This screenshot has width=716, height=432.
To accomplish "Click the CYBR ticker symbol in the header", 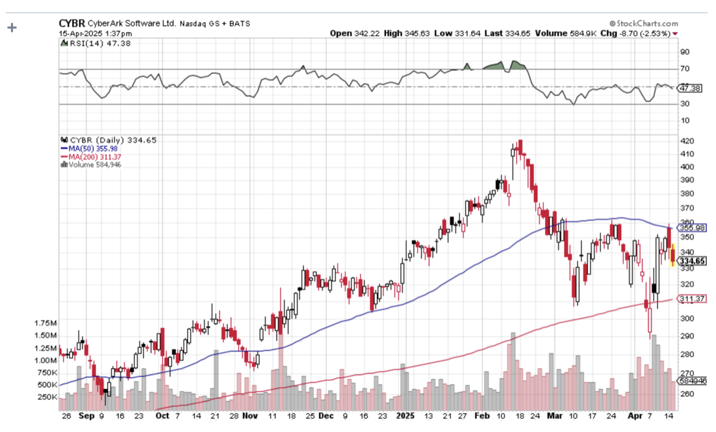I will point(71,23).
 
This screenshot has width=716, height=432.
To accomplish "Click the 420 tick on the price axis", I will point(686,141).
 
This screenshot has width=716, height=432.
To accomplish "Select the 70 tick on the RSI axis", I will point(684,69).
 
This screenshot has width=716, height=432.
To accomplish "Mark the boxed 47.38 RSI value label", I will point(690,87).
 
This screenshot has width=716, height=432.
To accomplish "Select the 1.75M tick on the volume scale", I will point(45,323).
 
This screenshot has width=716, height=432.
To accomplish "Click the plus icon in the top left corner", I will point(11,28).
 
